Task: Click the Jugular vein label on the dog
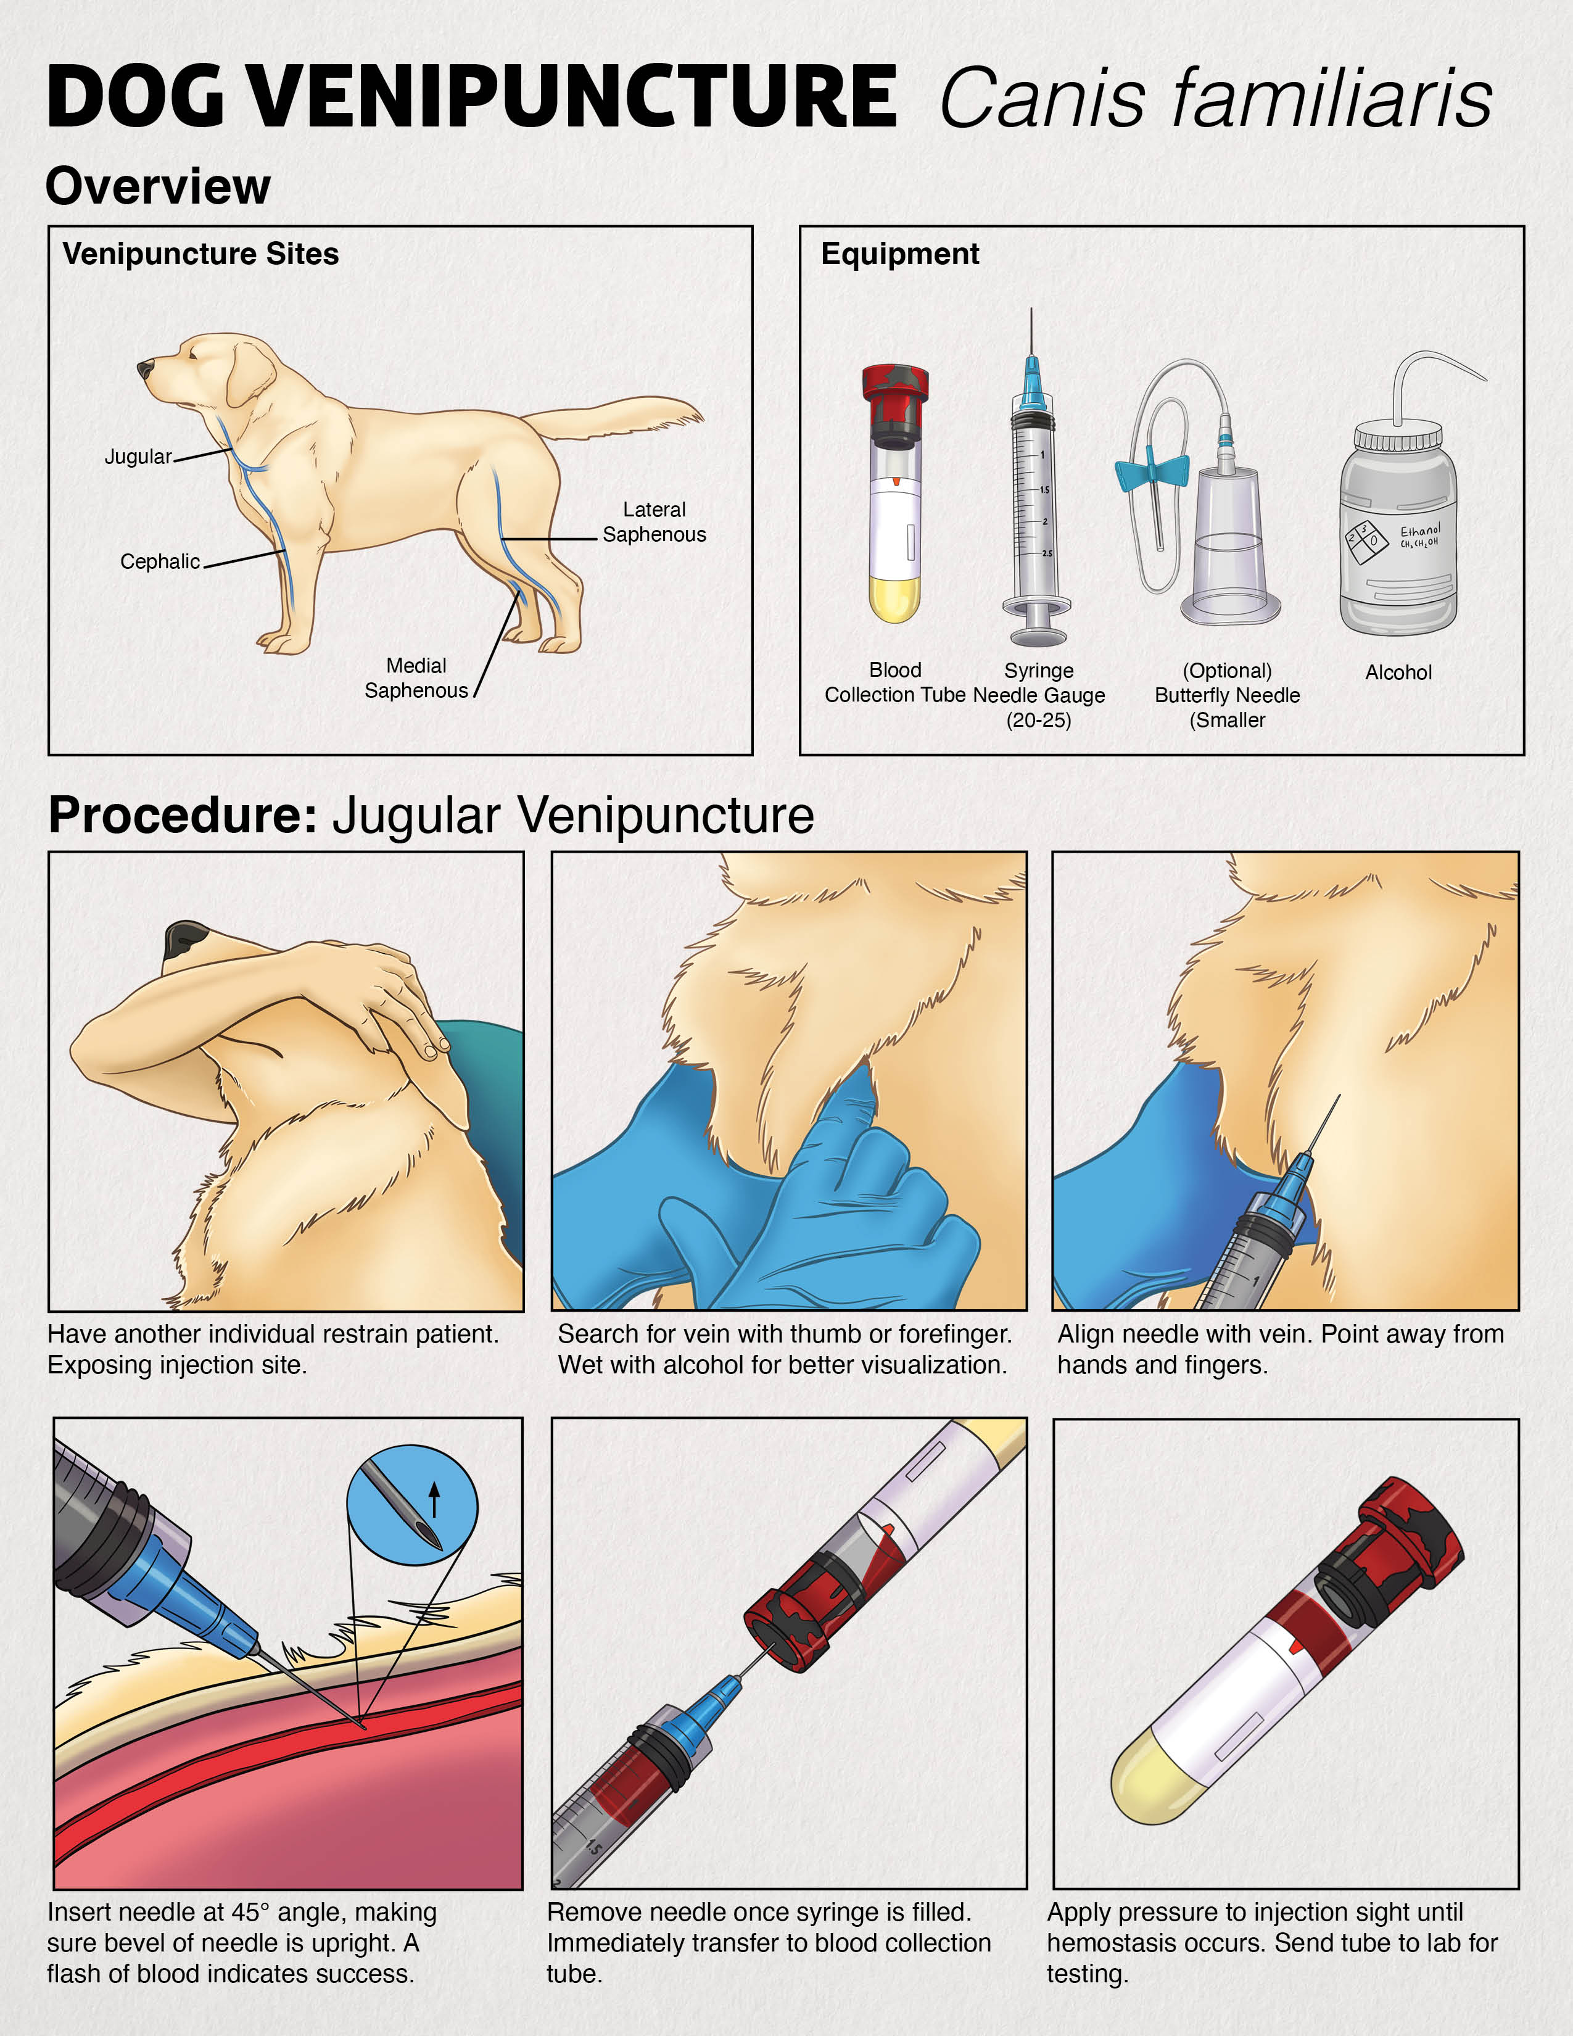138,457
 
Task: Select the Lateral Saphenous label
654,522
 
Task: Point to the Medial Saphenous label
416,677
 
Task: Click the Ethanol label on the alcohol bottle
1419,531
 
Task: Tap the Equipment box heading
899,254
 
